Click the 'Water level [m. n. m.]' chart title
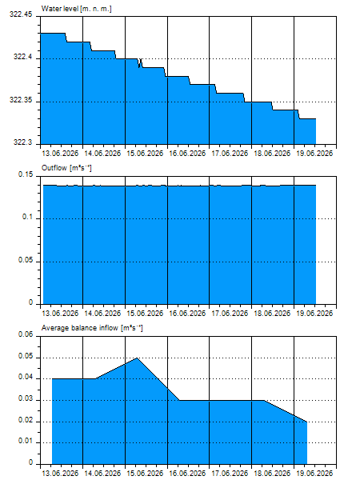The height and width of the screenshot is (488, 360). pos(76,9)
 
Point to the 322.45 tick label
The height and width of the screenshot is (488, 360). pos(21,14)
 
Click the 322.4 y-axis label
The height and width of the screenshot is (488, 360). pos(22,57)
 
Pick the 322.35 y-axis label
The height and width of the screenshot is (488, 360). pos(21,100)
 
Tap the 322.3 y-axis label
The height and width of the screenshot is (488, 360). pos(22,142)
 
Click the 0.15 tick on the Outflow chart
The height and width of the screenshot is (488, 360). pos(26,174)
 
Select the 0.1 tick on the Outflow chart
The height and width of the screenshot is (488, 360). pos(27,217)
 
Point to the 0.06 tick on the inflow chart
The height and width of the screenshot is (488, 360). pos(26,334)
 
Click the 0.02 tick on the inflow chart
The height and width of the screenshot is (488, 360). pos(26,420)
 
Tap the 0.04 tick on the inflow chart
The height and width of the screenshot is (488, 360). pos(26,378)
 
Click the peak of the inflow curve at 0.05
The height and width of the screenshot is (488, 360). pos(137,358)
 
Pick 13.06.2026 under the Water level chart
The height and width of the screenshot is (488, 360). pos(60,154)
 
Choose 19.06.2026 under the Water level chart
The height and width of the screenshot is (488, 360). pos(314,154)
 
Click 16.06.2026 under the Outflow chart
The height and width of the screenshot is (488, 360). pos(187,314)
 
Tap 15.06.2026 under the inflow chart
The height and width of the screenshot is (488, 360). pos(145,474)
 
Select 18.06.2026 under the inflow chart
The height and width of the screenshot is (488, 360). pos(272,474)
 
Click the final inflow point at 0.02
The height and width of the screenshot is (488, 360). pos(306,422)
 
